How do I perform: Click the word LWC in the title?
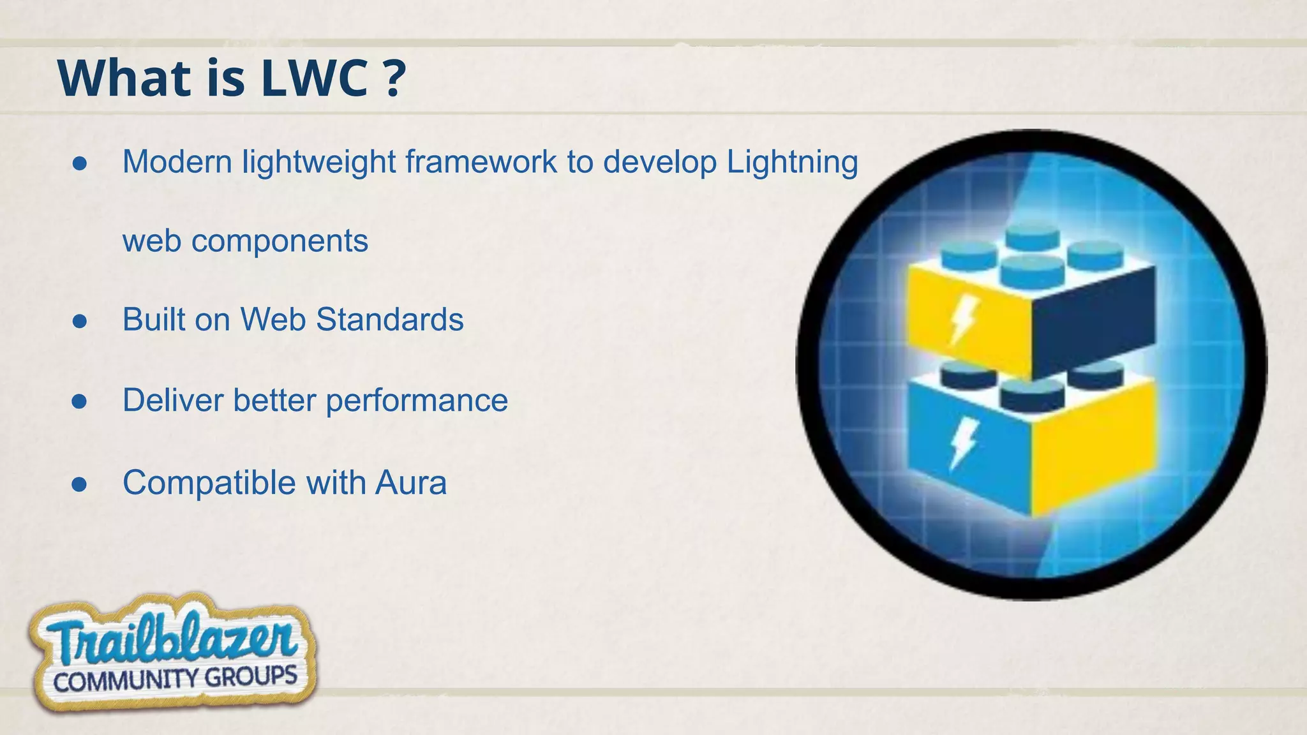(315, 78)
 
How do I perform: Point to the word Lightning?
(792, 163)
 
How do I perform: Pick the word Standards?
(389, 319)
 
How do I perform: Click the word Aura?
(411, 482)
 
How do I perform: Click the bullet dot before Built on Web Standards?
(80, 321)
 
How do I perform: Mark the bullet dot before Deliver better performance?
(80, 402)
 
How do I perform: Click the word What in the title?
(125, 78)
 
